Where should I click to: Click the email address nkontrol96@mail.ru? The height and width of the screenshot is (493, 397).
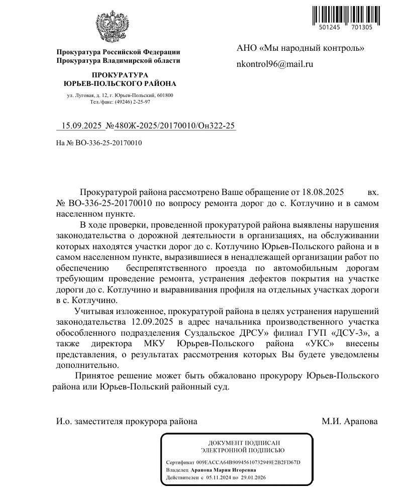tap(275, 64)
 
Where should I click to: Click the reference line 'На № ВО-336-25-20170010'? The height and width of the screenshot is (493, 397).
tap(99, 143)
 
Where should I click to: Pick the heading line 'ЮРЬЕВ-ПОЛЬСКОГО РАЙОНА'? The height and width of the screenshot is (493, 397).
tap(120, 83)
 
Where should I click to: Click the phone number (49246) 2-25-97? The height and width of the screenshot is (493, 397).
tap(133, 102)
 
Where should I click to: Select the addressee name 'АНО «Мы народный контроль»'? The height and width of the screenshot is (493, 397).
tap(300, 48)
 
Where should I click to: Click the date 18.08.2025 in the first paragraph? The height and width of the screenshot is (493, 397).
tap(322, 192)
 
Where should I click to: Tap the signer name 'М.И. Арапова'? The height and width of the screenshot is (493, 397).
tap(349, 422)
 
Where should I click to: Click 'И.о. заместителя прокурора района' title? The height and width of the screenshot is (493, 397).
tap(127, 422)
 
